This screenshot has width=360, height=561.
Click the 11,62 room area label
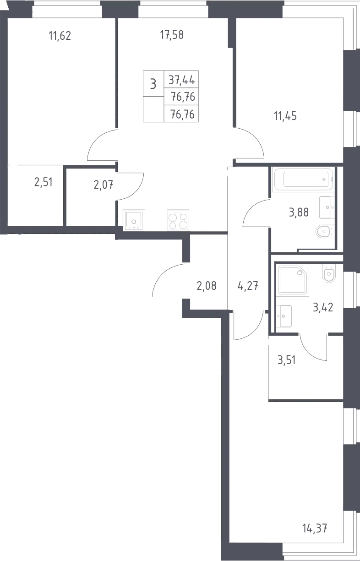click(60, 36)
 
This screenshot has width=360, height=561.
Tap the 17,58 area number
click(172, 35)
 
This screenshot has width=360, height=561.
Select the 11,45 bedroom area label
click(285, 116)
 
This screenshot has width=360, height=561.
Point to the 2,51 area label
click(44, 182)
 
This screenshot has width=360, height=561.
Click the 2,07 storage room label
click(104, 185)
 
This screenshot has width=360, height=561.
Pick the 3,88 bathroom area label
click(299, 212)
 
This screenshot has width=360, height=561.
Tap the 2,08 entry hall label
click(207, 286)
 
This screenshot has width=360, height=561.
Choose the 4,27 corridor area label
click(248, 286)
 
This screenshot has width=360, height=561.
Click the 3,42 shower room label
click(323, 307)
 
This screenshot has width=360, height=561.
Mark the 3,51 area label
click(287, 360)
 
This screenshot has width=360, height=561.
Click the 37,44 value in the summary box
click(182, 80)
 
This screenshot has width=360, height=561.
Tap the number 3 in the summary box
click(153, 84)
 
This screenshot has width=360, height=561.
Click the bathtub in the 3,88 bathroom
click(304, 180)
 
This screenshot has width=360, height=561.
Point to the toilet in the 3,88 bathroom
click(325, 231)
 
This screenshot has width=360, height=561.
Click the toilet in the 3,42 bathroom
click(329, 273)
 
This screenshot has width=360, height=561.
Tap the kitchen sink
click(134, 220)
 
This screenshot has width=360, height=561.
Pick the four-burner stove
click(178, 220)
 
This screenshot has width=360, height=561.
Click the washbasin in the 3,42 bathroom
click(284, 316)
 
